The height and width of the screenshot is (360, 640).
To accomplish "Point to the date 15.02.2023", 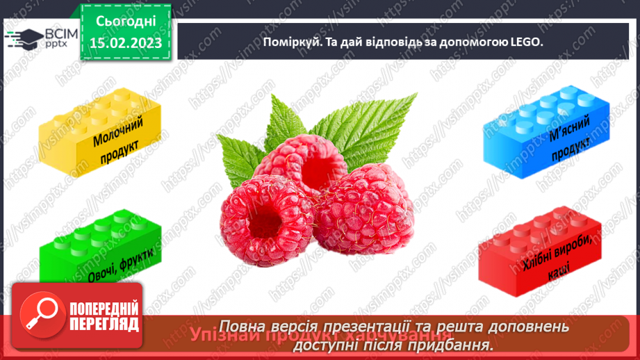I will point(126,43).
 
